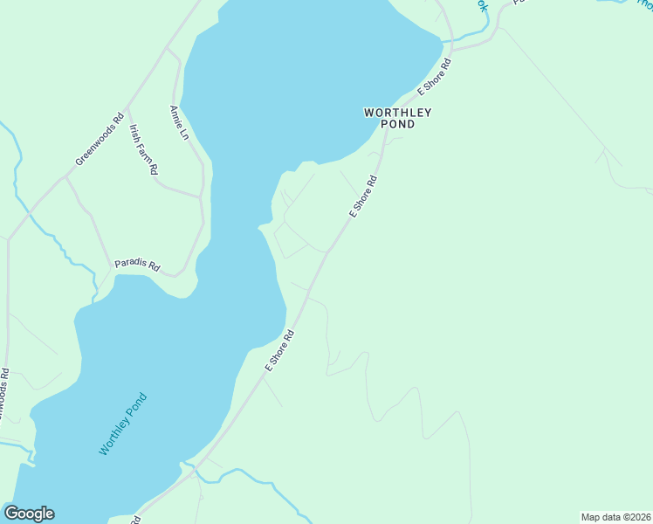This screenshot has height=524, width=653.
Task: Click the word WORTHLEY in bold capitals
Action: click(398, 113)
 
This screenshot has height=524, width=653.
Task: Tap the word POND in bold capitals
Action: click(398, 125)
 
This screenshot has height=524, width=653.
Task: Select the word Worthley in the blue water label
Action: click(114, 436)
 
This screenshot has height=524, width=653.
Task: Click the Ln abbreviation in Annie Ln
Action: click(183, 134)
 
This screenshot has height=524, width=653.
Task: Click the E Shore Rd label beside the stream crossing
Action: click(434, 76)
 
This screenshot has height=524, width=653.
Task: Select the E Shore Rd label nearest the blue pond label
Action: click(280, 350)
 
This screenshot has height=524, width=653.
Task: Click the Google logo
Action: click(29, 514)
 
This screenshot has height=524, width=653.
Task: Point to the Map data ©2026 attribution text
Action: click(615, 517)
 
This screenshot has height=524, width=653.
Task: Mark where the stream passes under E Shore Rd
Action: click(450, 41)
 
